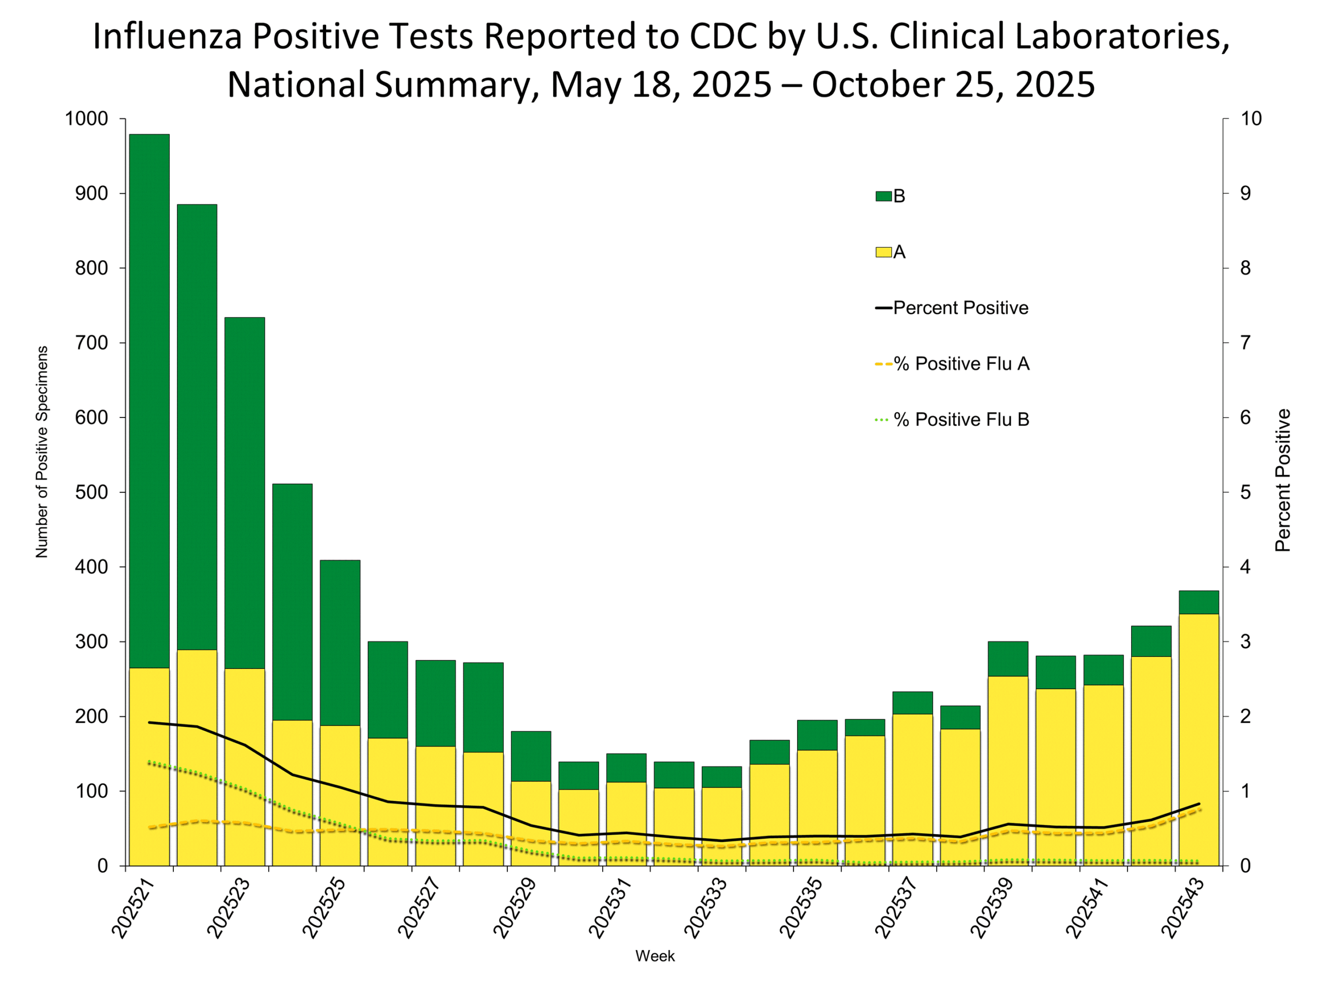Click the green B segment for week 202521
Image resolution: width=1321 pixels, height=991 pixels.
[x=149, y=400]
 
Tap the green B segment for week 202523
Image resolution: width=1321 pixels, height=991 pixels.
[x=245, y=493]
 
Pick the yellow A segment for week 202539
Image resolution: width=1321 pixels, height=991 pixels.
[x=1008, y=771]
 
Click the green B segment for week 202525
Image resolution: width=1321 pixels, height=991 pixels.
[x=340, y=643]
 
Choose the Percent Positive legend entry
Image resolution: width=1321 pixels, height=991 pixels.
[x=953, y=308]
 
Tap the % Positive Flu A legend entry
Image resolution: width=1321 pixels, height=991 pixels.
[x=953, y=364]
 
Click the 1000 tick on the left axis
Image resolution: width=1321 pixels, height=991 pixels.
[x=86, y=119]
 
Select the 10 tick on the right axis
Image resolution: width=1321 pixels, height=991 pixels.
[x=1251, y=119]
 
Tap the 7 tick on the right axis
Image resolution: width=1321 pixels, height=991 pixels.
[x=1245, y=343]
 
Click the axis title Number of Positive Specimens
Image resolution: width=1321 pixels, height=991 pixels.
[x=41, y=452]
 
